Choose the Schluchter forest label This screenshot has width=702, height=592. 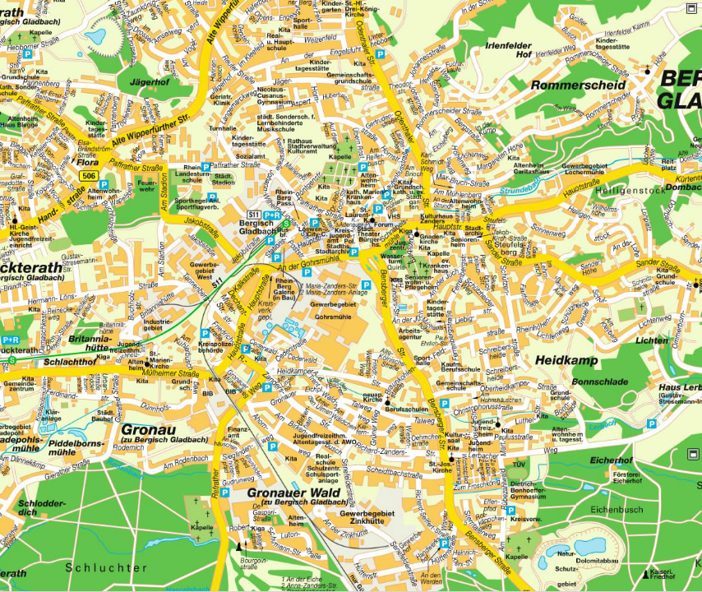(107, 567)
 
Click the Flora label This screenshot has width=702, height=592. (87, 163)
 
